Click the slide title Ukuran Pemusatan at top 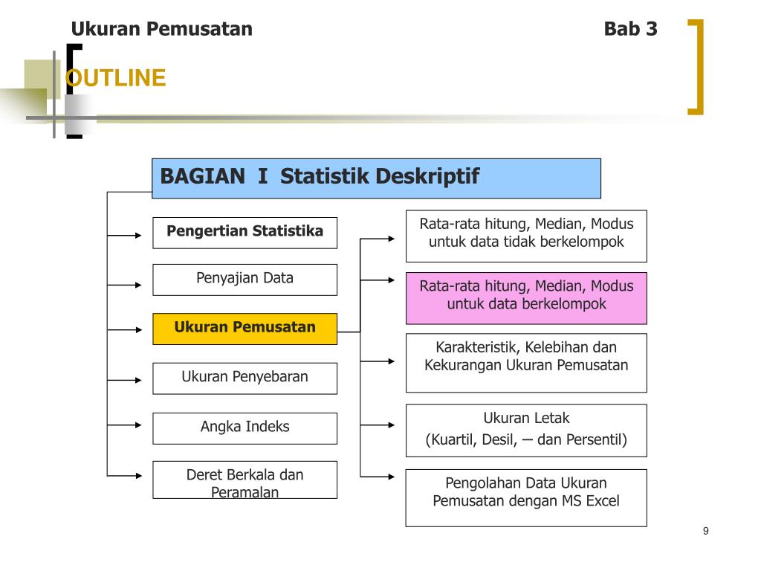[x=161, y=29]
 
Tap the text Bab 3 [x=630, y=29]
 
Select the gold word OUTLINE [x=115, y=77]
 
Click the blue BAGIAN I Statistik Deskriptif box [x=376, y=178]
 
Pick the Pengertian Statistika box [x=245, y=233]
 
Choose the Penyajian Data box [x=245, y=280]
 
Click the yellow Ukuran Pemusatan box [x=245, y=329]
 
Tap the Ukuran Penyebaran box [x=245, y=378]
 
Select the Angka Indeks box [x=245, y=428]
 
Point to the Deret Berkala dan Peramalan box [x=245, y=480]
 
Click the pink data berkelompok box [x=526, y=298]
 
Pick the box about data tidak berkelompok [x=526, y=236]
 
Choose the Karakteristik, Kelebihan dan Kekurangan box [x=526, y=363]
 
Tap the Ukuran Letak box [x=526, y=430]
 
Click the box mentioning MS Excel [x=526, y=497]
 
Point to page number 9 [x=706, y=531]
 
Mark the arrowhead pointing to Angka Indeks [x=138, y=425]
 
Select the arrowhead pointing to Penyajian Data [x=138, y=285]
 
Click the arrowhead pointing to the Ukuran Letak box [x=392, y=425]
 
